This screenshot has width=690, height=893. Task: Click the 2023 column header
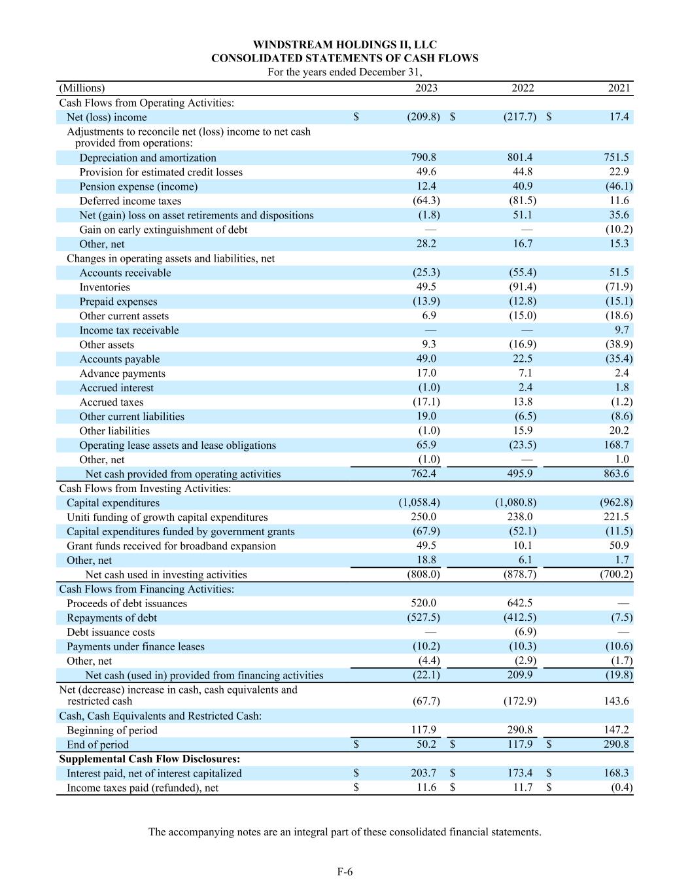pos(426,88)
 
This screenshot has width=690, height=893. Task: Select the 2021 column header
pos(619,88)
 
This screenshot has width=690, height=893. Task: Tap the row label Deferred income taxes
pos(130,201)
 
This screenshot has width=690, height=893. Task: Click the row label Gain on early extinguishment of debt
pos(163,230)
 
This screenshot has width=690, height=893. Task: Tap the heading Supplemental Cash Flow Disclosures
pos(149,759)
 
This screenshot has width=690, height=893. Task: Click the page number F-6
pos(345,871)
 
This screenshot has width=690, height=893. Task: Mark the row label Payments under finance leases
pos(135,646)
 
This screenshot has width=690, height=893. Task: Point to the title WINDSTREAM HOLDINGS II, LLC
pos(345,44)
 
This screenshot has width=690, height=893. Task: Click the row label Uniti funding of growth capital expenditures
pos(167,517)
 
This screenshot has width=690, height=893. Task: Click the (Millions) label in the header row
pos(82,88)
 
